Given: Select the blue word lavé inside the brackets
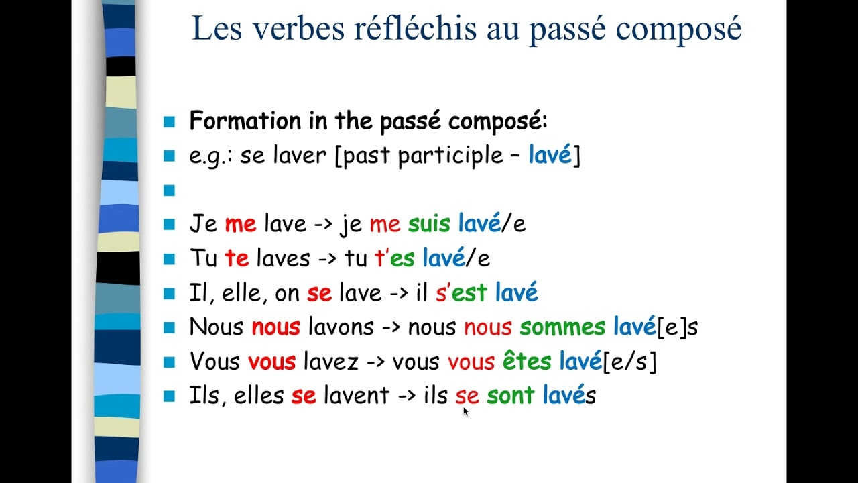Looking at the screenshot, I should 550,156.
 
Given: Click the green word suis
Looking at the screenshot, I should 430,224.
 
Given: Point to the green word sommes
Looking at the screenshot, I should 562,327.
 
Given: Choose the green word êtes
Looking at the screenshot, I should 527,362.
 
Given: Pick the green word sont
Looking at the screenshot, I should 510,396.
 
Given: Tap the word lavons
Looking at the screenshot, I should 341,327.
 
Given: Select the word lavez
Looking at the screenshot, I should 330,362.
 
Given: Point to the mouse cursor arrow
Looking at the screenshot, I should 465,411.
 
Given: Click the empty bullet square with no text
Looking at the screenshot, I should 169,191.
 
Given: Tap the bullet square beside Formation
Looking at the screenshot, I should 169,122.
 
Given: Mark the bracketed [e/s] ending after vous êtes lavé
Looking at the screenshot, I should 629,362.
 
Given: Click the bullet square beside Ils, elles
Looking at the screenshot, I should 169,396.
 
